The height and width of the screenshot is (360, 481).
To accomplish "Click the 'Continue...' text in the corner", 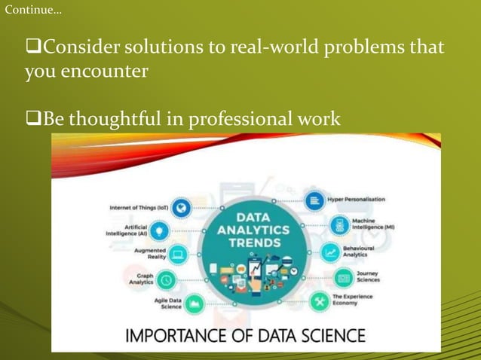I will click(x=34, y=11).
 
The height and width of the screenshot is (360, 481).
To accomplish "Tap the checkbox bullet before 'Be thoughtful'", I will click(x=33, y=119).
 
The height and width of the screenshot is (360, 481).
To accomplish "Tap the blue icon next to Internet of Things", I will click(x=180, y=208).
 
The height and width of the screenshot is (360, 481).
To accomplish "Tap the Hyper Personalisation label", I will click(x=356, y=200).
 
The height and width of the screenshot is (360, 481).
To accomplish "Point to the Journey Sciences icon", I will click(x=343, y=278).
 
